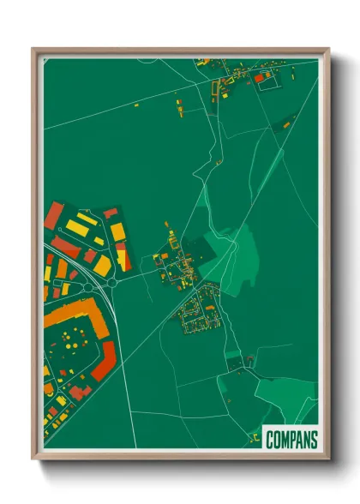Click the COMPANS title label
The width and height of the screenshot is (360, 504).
[291, 440]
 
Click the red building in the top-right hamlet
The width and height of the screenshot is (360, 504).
[259, 78]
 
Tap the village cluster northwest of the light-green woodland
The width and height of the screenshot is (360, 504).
[176, 261]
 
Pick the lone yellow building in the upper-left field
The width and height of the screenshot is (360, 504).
[136, 105]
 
